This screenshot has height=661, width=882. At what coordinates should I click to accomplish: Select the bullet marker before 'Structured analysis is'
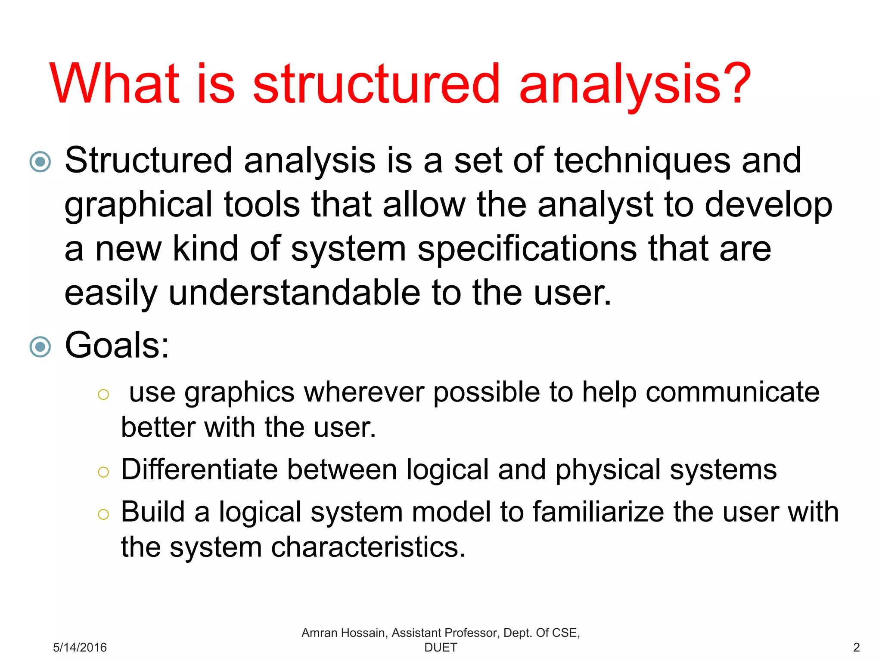pos(40,162)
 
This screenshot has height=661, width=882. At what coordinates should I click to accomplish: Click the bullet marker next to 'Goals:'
pos(40,347)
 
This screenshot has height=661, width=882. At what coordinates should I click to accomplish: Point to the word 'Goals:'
pos(117,345)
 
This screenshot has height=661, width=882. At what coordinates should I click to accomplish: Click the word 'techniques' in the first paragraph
pos(642,161)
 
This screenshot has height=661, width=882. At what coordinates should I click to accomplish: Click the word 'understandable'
pos(294,293)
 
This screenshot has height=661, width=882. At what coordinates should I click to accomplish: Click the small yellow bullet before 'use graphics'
pos(103,394)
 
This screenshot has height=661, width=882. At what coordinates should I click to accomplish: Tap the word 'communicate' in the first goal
pos(732,392)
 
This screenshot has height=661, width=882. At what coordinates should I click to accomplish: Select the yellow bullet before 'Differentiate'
pos(103,472)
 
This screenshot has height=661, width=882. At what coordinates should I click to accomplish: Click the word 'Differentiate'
pos(199,469)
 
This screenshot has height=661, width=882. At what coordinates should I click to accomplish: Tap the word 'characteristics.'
pos(368,547)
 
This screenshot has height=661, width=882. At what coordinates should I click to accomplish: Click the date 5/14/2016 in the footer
pos(80,647)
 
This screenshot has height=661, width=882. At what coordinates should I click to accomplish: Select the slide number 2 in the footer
pos(857,647)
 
